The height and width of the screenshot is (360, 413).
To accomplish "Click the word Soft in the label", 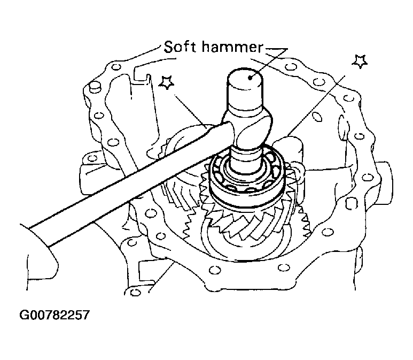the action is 180,47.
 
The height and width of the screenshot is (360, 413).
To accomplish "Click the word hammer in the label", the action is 232,47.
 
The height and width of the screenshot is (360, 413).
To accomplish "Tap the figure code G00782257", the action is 54,315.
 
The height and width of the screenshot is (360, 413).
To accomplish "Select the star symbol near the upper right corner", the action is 360,61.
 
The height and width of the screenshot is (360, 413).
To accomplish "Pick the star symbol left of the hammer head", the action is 167,82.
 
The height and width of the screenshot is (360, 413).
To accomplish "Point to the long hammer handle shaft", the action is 127,182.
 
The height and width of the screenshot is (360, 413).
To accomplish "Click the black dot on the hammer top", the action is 250,78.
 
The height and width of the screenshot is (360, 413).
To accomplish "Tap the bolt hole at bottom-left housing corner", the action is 135,292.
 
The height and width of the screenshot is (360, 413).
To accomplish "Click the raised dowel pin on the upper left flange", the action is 95,87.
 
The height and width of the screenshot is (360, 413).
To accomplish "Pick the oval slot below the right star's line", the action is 318,116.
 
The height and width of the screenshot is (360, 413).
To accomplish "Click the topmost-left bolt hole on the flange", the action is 115,67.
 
